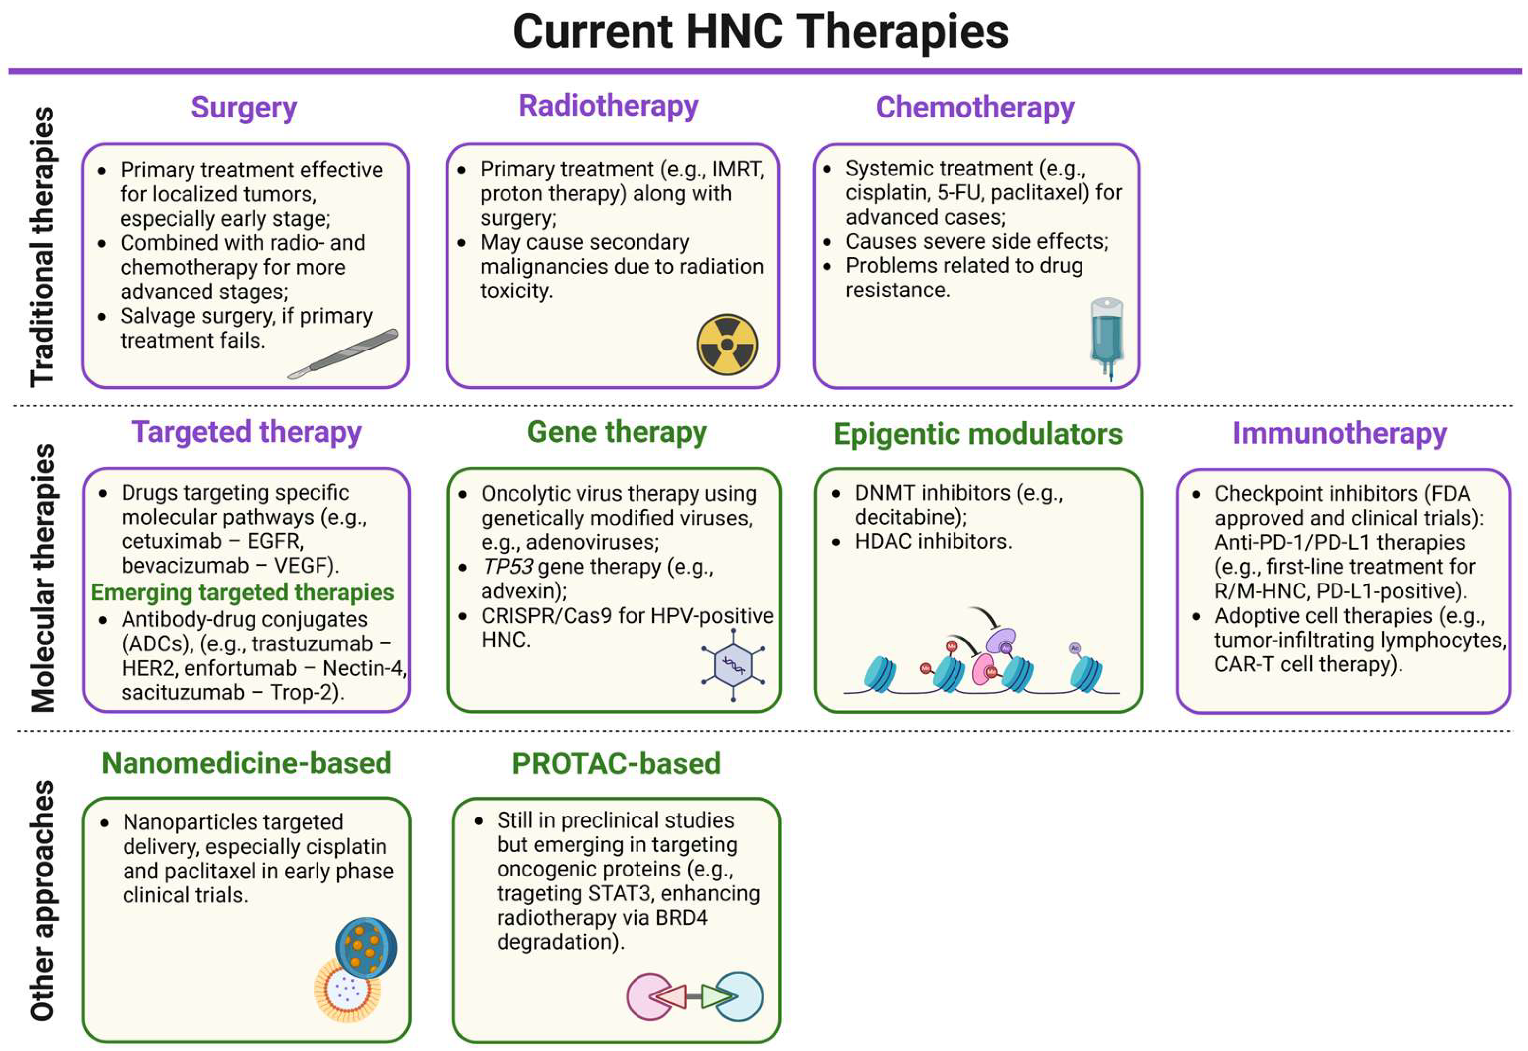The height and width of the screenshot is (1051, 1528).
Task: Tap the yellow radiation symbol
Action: pos(727,345)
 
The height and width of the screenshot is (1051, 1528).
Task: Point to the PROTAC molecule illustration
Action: pos(695,996)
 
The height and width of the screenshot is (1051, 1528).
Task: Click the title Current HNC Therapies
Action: pos(761,32)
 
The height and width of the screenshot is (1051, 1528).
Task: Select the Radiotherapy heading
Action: pos(608,106)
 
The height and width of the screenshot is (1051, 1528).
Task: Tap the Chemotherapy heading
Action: pos(974,108)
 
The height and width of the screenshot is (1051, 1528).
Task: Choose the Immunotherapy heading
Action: pos(1339,433)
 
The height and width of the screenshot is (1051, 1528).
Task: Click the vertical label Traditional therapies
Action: pos(42,246)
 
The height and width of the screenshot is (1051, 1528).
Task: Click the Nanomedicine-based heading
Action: pos(247,763)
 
